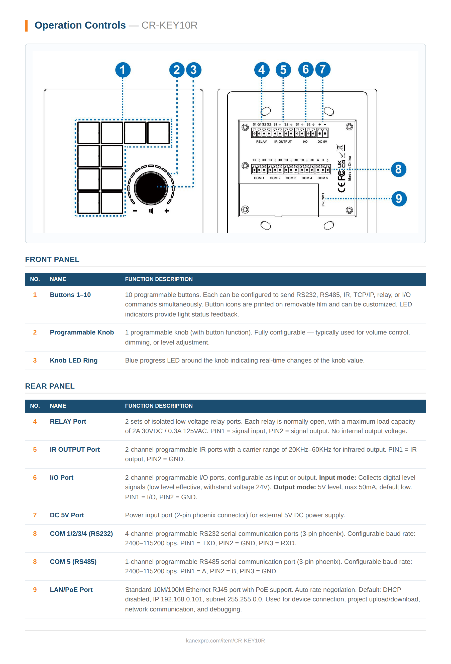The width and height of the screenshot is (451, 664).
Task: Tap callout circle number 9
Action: click(399, 199)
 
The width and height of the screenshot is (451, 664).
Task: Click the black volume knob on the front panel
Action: click(151, 188)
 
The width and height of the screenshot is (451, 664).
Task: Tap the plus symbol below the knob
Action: click(167, 211)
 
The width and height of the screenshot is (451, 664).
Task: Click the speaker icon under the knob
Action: click(151, 211)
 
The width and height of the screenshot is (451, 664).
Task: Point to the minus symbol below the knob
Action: click(135, 211)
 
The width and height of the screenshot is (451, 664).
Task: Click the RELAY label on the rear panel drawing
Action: click(261, 142)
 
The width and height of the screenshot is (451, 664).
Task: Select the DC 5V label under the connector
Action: click(322, 142)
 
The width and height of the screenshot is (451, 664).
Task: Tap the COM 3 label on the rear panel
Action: click(291, 178)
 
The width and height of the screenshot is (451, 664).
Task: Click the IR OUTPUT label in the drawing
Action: click(283, 142)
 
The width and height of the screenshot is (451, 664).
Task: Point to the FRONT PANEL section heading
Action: click(52, 259)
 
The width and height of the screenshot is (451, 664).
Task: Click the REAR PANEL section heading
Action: click(50, 386)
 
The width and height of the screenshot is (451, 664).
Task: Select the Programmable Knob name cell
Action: click(82, 332)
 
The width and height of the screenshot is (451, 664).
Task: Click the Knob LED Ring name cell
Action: click(74, 360)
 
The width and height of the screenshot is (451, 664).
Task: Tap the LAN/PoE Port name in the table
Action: click(71, 590)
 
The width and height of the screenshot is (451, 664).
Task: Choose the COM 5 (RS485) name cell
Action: click(73, 562)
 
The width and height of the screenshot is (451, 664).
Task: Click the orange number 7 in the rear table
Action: click(35, 515)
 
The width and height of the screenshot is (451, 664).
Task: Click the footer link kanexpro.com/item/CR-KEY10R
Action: click(225, 640)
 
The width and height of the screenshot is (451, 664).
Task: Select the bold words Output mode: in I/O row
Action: click(295, 487)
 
